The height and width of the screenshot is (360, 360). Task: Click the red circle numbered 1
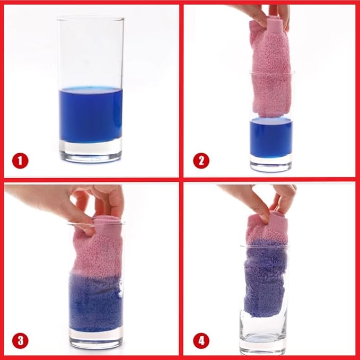click(x=20, y=161)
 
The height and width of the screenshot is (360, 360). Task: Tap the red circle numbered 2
click(x=201, y=161)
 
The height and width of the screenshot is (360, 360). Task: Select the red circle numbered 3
click(x=20, y=340)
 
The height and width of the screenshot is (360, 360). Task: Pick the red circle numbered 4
click(x=201, y=340)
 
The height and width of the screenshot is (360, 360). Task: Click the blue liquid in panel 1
click(x=91, y=115)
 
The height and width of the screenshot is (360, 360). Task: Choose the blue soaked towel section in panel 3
click(x=95, y=301)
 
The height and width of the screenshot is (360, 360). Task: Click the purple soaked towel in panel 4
click(x=265, y=278)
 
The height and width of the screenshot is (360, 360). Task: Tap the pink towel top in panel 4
click(x=267, y=226)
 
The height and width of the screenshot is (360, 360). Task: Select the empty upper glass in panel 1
click(x=91, y=53)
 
